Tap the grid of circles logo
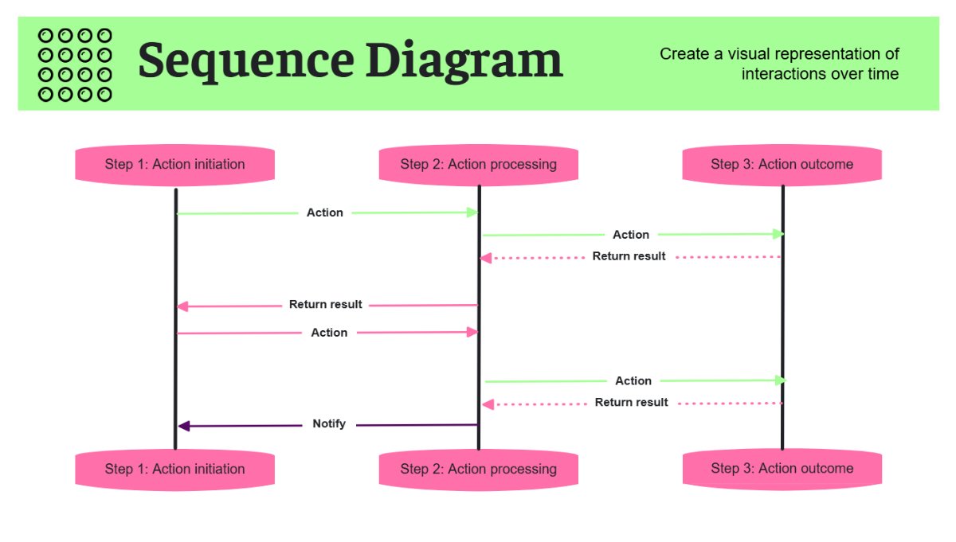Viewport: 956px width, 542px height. (x=75, y=64)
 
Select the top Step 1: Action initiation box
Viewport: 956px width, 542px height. (x=174, y=165)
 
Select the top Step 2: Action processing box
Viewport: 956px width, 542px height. (x=478, y=165)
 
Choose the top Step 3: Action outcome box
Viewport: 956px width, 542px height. (x=782, y=165)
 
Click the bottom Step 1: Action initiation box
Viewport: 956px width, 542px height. (x=174, y=469)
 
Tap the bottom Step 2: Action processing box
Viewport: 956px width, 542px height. (x=478, y=469)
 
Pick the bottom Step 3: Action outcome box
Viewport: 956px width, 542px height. (x=782, y=468)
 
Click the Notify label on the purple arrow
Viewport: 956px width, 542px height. (x=329, y=424)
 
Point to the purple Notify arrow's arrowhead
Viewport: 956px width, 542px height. (x=183, y=427)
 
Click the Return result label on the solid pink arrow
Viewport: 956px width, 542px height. (x=325, y=305)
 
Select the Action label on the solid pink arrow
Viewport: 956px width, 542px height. (x=329, y=333)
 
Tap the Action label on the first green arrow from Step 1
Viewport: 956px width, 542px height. (x=325, y=213)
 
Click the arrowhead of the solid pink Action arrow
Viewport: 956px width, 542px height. (x=472, y=333)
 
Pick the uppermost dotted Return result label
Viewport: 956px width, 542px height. (x=629, y=256)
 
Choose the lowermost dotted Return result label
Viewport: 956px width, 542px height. (x=631, y=403)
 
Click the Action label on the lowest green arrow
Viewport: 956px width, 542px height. (x=633, y=381)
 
